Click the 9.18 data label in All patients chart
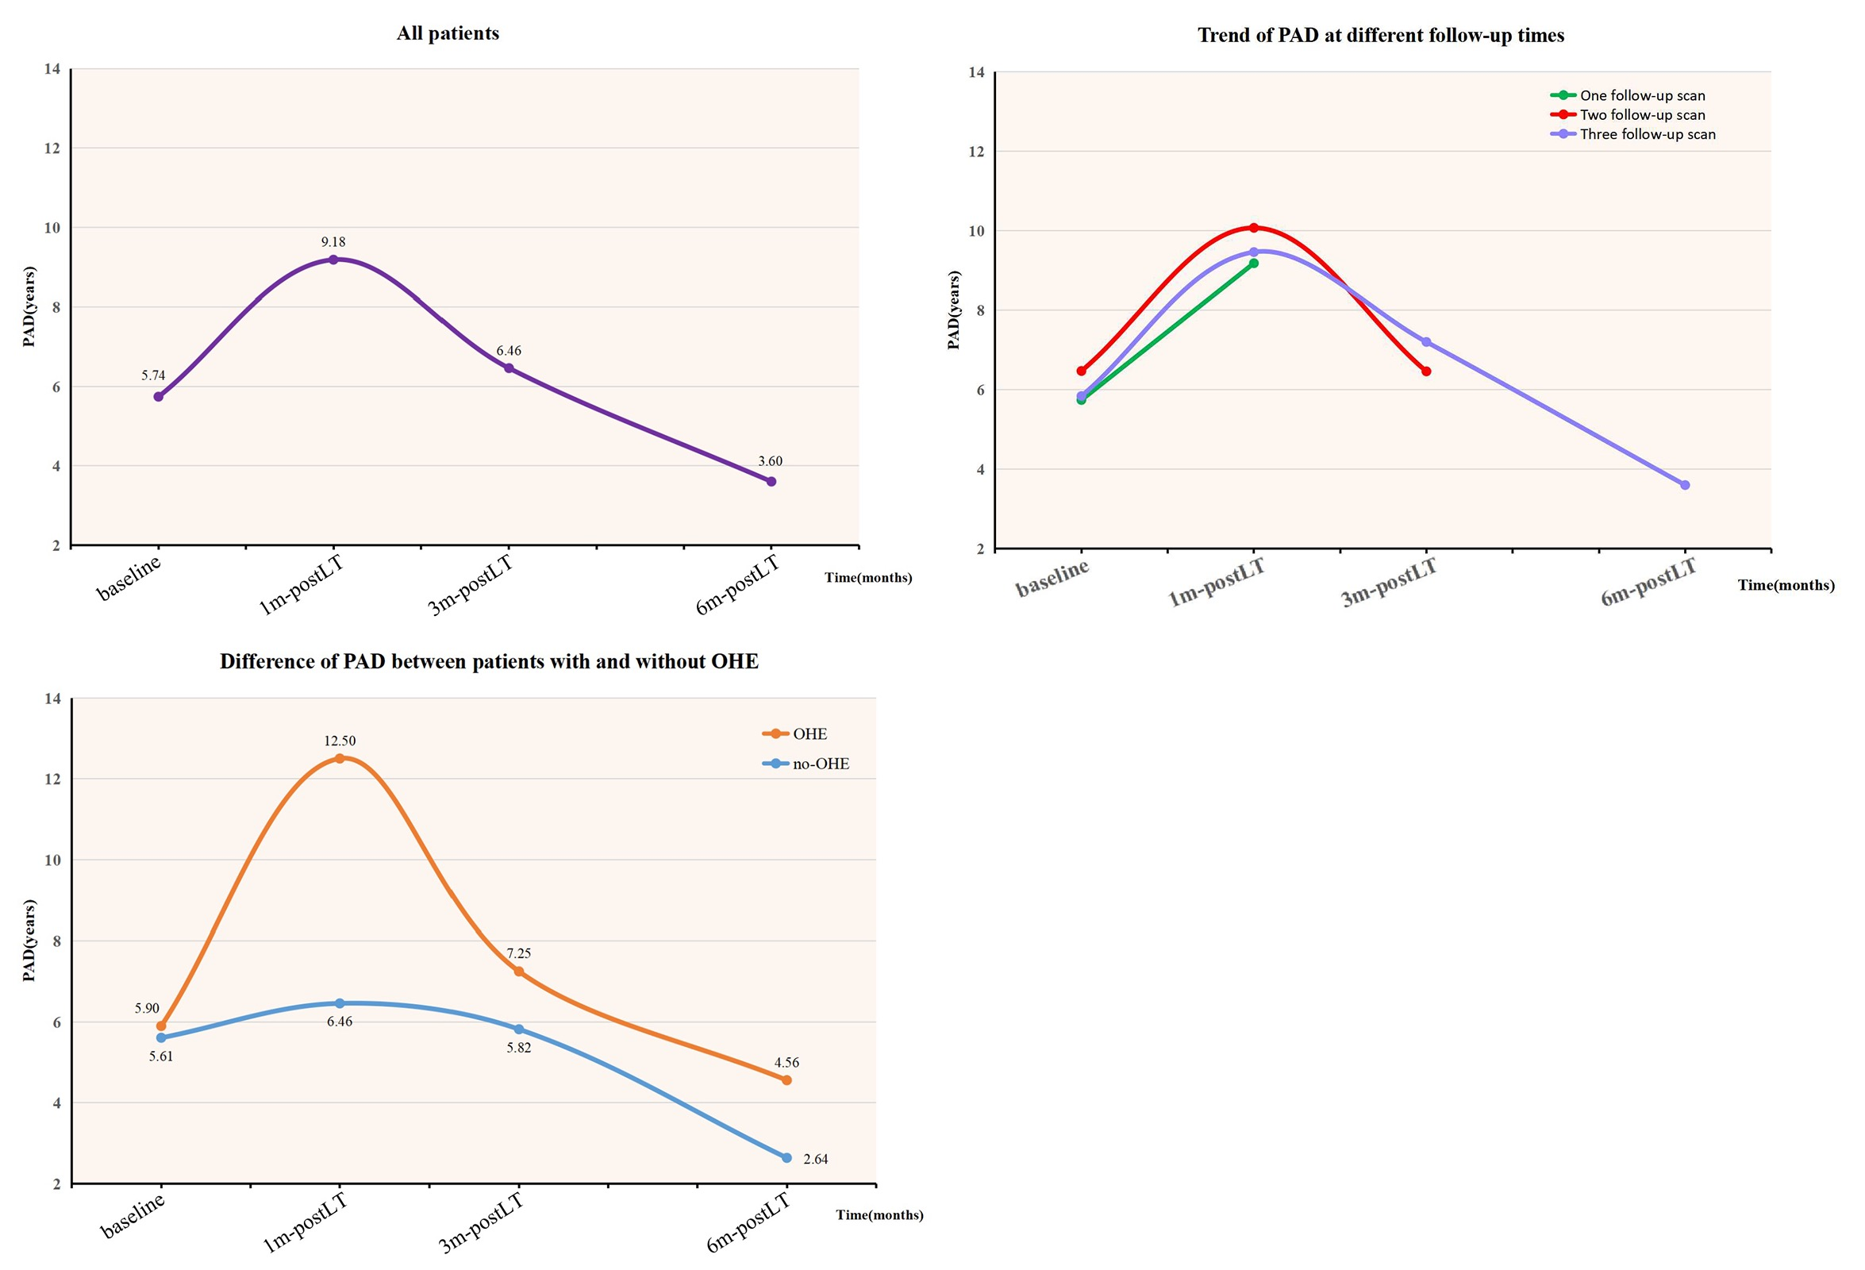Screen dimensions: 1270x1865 [x=333, y=241]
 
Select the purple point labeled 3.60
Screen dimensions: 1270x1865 [x=771, y=482]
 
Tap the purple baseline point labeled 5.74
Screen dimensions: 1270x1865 [x=158, y=397]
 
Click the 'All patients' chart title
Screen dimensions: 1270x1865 [x=448, y=33]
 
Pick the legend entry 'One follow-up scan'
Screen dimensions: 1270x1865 [x=1641, y=95]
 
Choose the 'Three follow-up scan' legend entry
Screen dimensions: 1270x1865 [x=1647, y=134]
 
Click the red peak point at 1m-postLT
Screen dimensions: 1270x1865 [x=1253, y=228]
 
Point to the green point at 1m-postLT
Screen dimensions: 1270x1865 [x=1253, y=264]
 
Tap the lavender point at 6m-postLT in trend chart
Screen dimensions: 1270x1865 [x=1685, y=485]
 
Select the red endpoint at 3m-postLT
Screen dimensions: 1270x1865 [x=1426, y=371]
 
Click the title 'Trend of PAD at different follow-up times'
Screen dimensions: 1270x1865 [x=1380, y=36]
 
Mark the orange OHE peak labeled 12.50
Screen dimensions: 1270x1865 [x=340, y=759]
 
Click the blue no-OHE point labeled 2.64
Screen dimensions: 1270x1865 [x=786, y=1157]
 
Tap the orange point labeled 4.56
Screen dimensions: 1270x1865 [x=786, y=1079]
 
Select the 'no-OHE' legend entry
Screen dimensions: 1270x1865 [x=820, y=764]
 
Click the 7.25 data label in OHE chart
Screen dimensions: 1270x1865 [x=518, y=953]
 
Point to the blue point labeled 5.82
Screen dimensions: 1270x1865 [x=518, y=1029]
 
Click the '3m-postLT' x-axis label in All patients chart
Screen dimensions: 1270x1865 [x=471, y=586]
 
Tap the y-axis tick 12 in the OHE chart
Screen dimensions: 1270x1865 [x=52, y=779]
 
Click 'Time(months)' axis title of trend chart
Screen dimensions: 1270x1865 [x=1786, y=585]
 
